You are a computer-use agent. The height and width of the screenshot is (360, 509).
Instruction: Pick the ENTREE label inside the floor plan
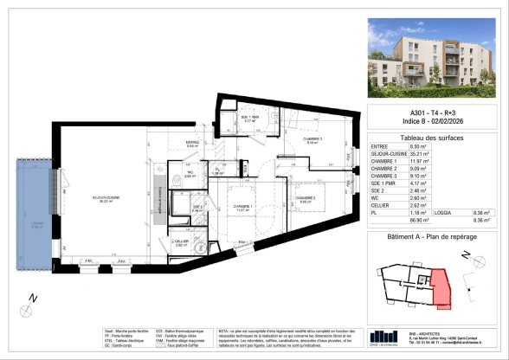pyautogui.click(x=193, y=143)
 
